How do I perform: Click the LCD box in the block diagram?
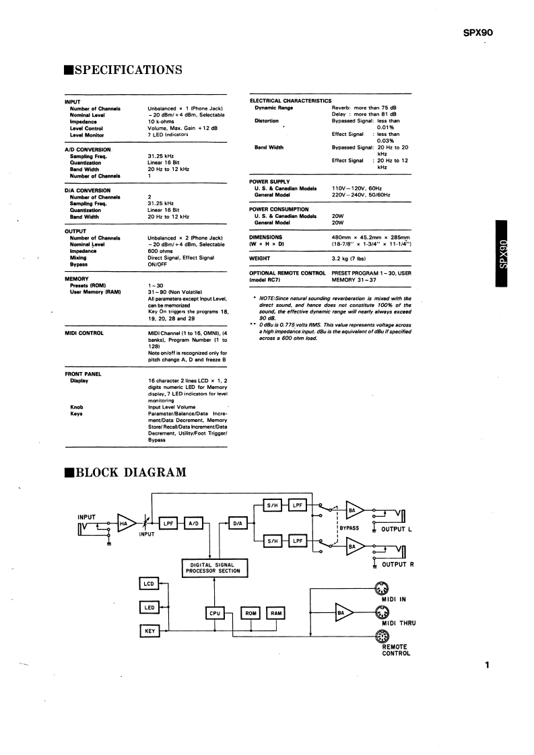149,583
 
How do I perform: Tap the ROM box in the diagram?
251,613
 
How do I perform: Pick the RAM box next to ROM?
276,613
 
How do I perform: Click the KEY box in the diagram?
149,631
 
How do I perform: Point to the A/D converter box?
192,523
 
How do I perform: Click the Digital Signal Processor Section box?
215,567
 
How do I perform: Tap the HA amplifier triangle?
125,523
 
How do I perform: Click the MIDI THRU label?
399,623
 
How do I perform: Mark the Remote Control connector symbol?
381,636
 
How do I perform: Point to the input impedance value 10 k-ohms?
162,121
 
